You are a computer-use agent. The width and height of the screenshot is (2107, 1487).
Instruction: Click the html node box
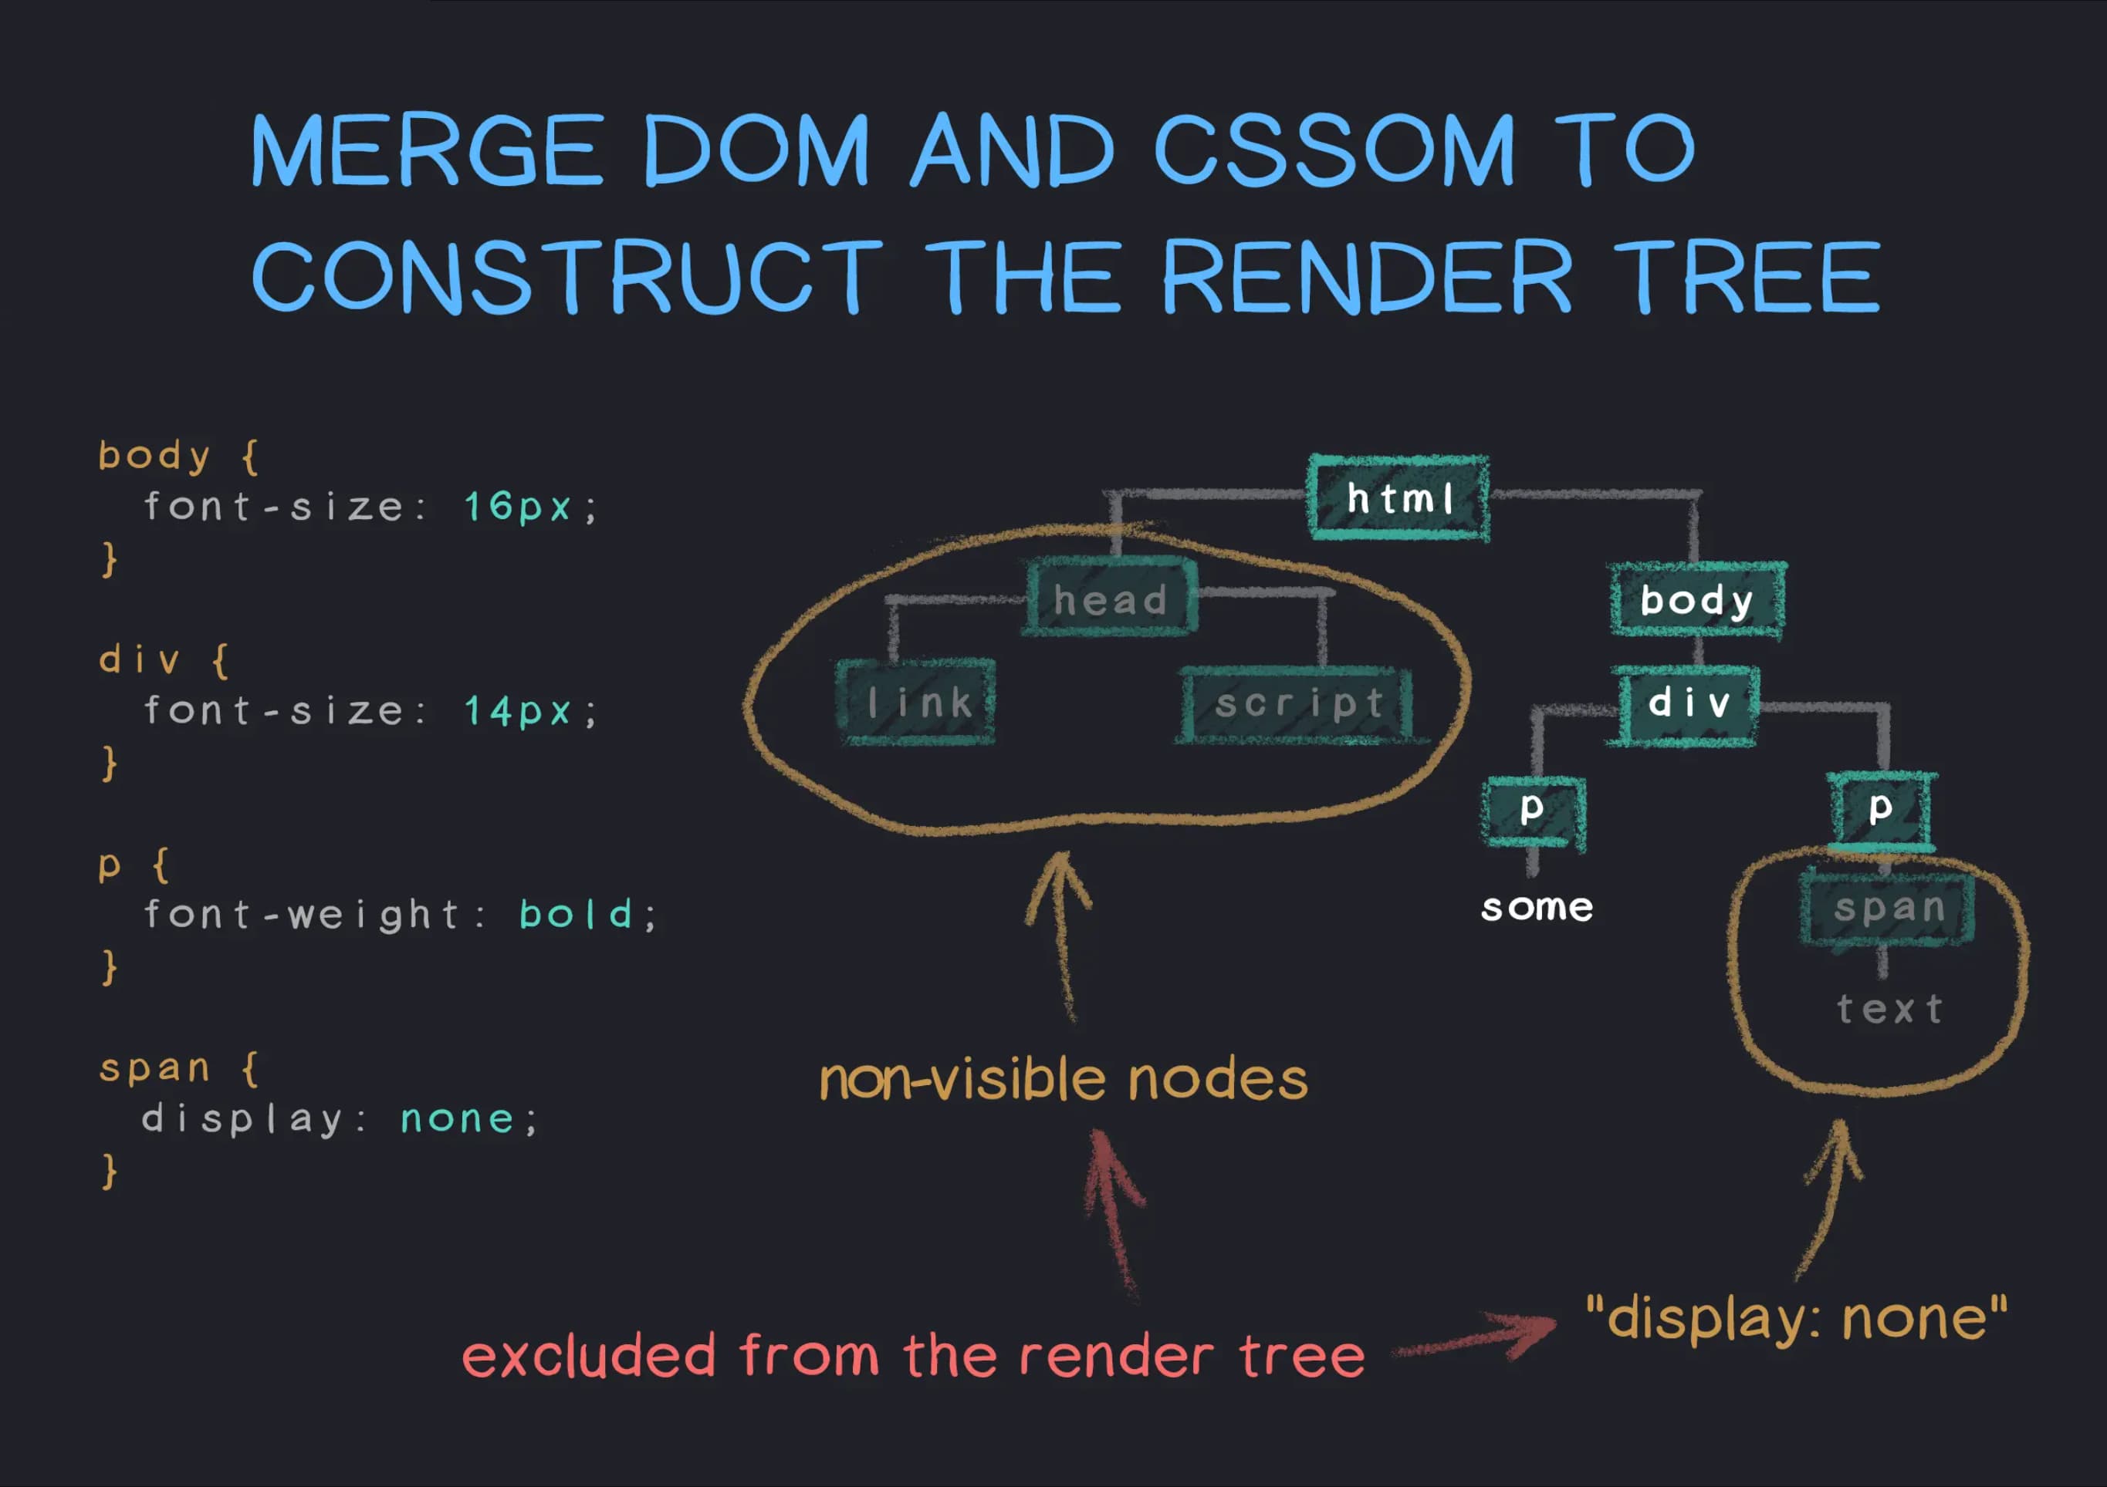tap(1398, 498)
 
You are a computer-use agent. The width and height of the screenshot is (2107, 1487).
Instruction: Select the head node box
tap(1111, 599)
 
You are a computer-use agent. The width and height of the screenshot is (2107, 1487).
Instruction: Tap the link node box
tap(917, 703)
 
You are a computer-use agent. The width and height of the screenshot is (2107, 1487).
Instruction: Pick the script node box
tap(1297, 704)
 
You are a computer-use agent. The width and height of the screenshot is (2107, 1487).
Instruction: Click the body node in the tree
tap(1697, 601)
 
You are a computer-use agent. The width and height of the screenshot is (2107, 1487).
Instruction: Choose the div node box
tap(1688, 704)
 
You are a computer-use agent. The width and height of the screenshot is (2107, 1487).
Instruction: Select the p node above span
tap(1880, 810)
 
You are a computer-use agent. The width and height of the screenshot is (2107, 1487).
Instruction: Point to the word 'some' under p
tap(1537, 908)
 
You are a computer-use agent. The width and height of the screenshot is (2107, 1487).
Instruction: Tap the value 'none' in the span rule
tap(457, 1119)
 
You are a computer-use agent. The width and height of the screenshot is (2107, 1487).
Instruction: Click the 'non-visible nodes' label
tap(1063, 1080)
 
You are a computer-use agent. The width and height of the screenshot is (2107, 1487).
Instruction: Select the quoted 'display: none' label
tap(1796, 1319)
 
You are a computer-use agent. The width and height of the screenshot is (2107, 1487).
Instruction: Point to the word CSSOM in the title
tap(1332, 150)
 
